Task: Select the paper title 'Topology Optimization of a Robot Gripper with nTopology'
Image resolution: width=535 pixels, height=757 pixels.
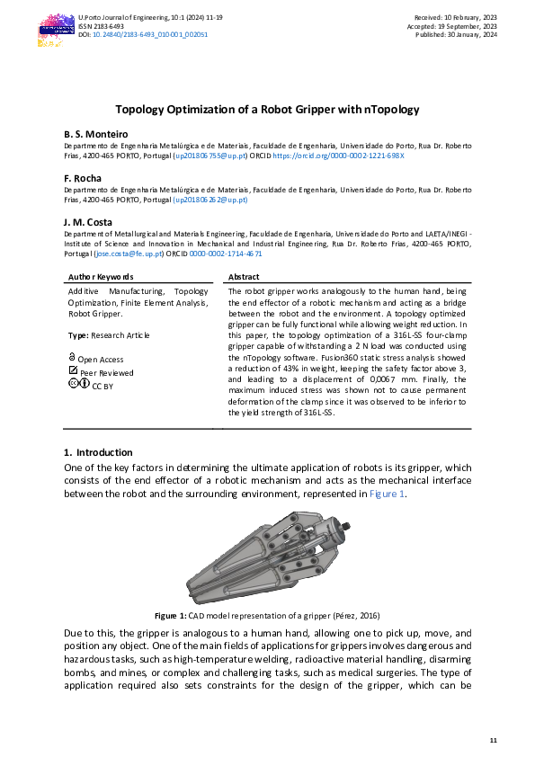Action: click(267, 109)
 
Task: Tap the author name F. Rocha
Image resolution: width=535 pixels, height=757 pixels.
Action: click(82, 178)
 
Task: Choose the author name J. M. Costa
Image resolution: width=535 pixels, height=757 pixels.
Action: click(88, 221)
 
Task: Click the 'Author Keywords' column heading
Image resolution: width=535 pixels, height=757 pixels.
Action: click(101, 277)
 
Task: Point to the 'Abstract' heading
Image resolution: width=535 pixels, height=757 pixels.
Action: click(244, 277)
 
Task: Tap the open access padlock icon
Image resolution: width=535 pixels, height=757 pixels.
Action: click(72, 358)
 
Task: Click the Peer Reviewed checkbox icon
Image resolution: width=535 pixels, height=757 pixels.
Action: click(73, 371)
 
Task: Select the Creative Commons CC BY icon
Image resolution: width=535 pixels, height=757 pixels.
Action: click(78, 384)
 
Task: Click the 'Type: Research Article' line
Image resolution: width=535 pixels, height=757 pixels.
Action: click(109, 335)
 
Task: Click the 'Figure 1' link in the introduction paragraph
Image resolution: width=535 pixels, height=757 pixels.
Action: click(388, 494)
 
